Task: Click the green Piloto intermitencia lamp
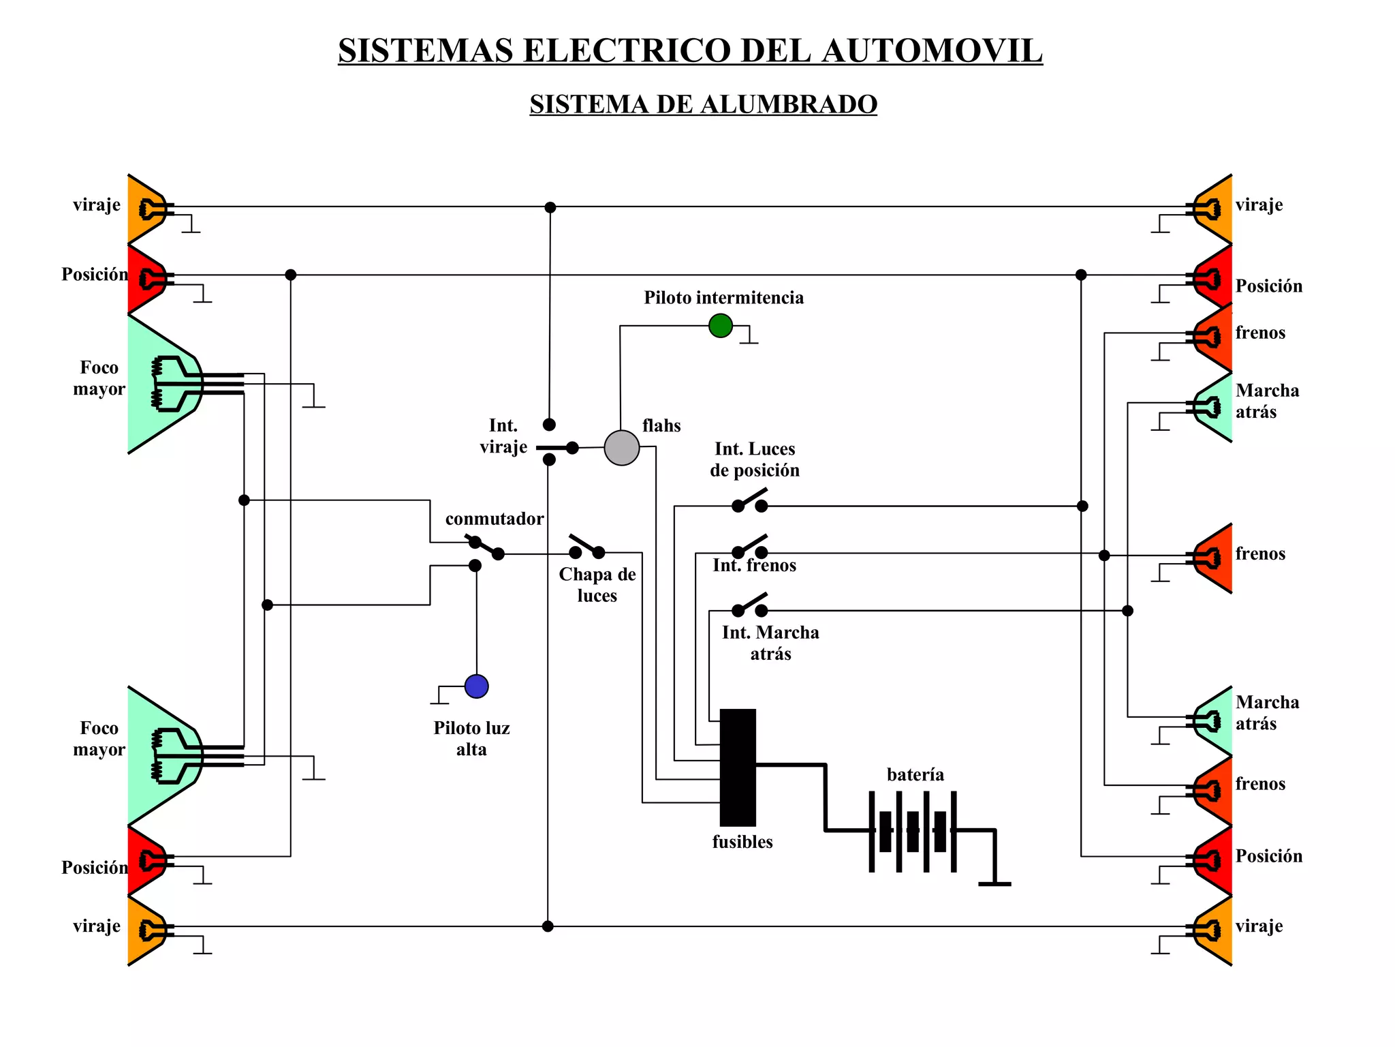click(x=720, y=326)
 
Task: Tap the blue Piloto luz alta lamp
click(x=476, y=686)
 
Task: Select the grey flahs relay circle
click(x=621, y=448)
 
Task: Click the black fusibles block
click(x=738, y=768)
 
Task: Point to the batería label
click(x=915, y=775)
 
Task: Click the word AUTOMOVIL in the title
click(x=932, y=51)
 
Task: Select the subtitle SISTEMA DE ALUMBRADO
click(x=703, y=104)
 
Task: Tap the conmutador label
click(x=494, y=519)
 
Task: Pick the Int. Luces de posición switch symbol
click(x=749, y=501)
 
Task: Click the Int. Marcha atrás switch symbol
click(x=749, y=606)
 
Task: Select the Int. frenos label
click(x=754, y=566)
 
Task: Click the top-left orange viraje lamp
click(x=145, y=209)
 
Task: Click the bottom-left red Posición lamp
click(x=145, y=861)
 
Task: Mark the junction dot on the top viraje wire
click(x=550, y=207)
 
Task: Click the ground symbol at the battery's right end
click(x=994, y=883)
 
